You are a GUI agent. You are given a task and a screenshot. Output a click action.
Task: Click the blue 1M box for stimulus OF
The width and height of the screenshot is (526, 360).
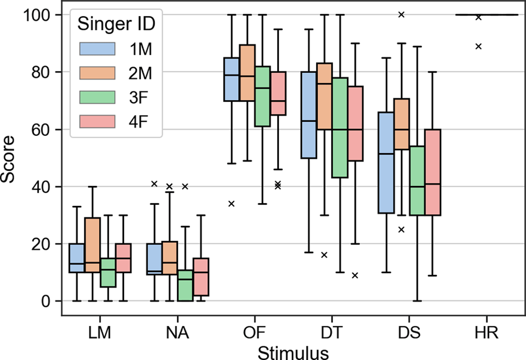(231, 79)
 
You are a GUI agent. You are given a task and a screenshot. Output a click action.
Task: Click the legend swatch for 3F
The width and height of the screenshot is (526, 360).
(97, 95)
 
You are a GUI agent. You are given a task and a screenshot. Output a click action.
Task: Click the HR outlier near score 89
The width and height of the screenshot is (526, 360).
(478, 46)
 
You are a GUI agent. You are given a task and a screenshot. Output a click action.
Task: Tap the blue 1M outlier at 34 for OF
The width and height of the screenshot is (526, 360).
(231, 203)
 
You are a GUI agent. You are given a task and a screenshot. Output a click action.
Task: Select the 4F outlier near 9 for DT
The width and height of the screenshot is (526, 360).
(355, 275)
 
